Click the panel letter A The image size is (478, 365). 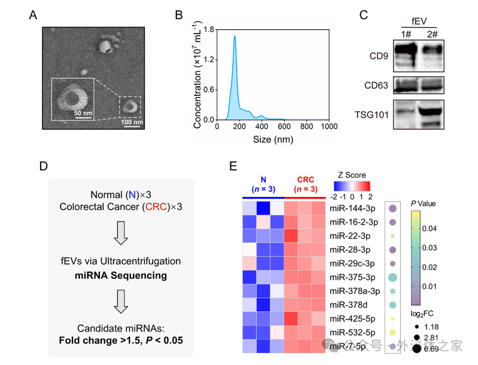click(34, 15)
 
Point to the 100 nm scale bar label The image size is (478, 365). click(132, 123)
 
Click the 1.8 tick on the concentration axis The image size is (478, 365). click(209, 28)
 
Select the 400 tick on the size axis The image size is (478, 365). click(261, 127)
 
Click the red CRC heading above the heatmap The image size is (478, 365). click(305, 180)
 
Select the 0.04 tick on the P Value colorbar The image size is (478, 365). click(433, 229)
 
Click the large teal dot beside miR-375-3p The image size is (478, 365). click(392, 278)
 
